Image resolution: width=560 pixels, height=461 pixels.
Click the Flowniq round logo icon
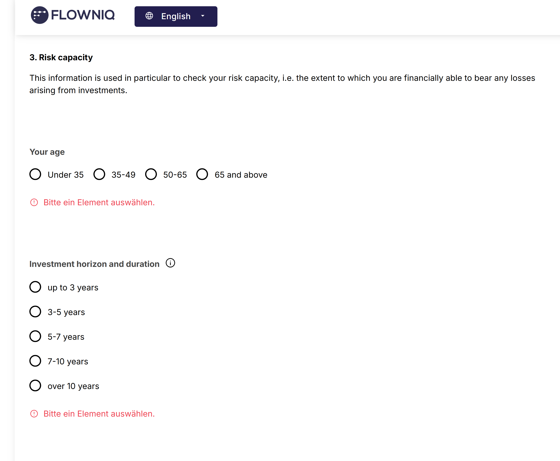40,15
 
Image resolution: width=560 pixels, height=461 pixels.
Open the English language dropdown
176,16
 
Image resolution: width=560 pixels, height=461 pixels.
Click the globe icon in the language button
149,16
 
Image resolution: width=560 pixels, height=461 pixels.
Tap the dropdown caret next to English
203,16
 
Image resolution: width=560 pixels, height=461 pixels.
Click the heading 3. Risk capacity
61,57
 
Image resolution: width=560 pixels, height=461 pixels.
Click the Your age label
47,152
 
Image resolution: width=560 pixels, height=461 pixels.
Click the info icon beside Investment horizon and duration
170,263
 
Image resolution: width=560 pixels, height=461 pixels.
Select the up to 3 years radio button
35,287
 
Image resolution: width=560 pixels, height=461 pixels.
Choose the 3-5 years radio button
35,312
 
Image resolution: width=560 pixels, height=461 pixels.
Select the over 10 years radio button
35,386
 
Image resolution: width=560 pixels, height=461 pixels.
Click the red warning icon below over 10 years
34,414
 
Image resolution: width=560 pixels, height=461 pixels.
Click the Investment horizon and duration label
94,264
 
